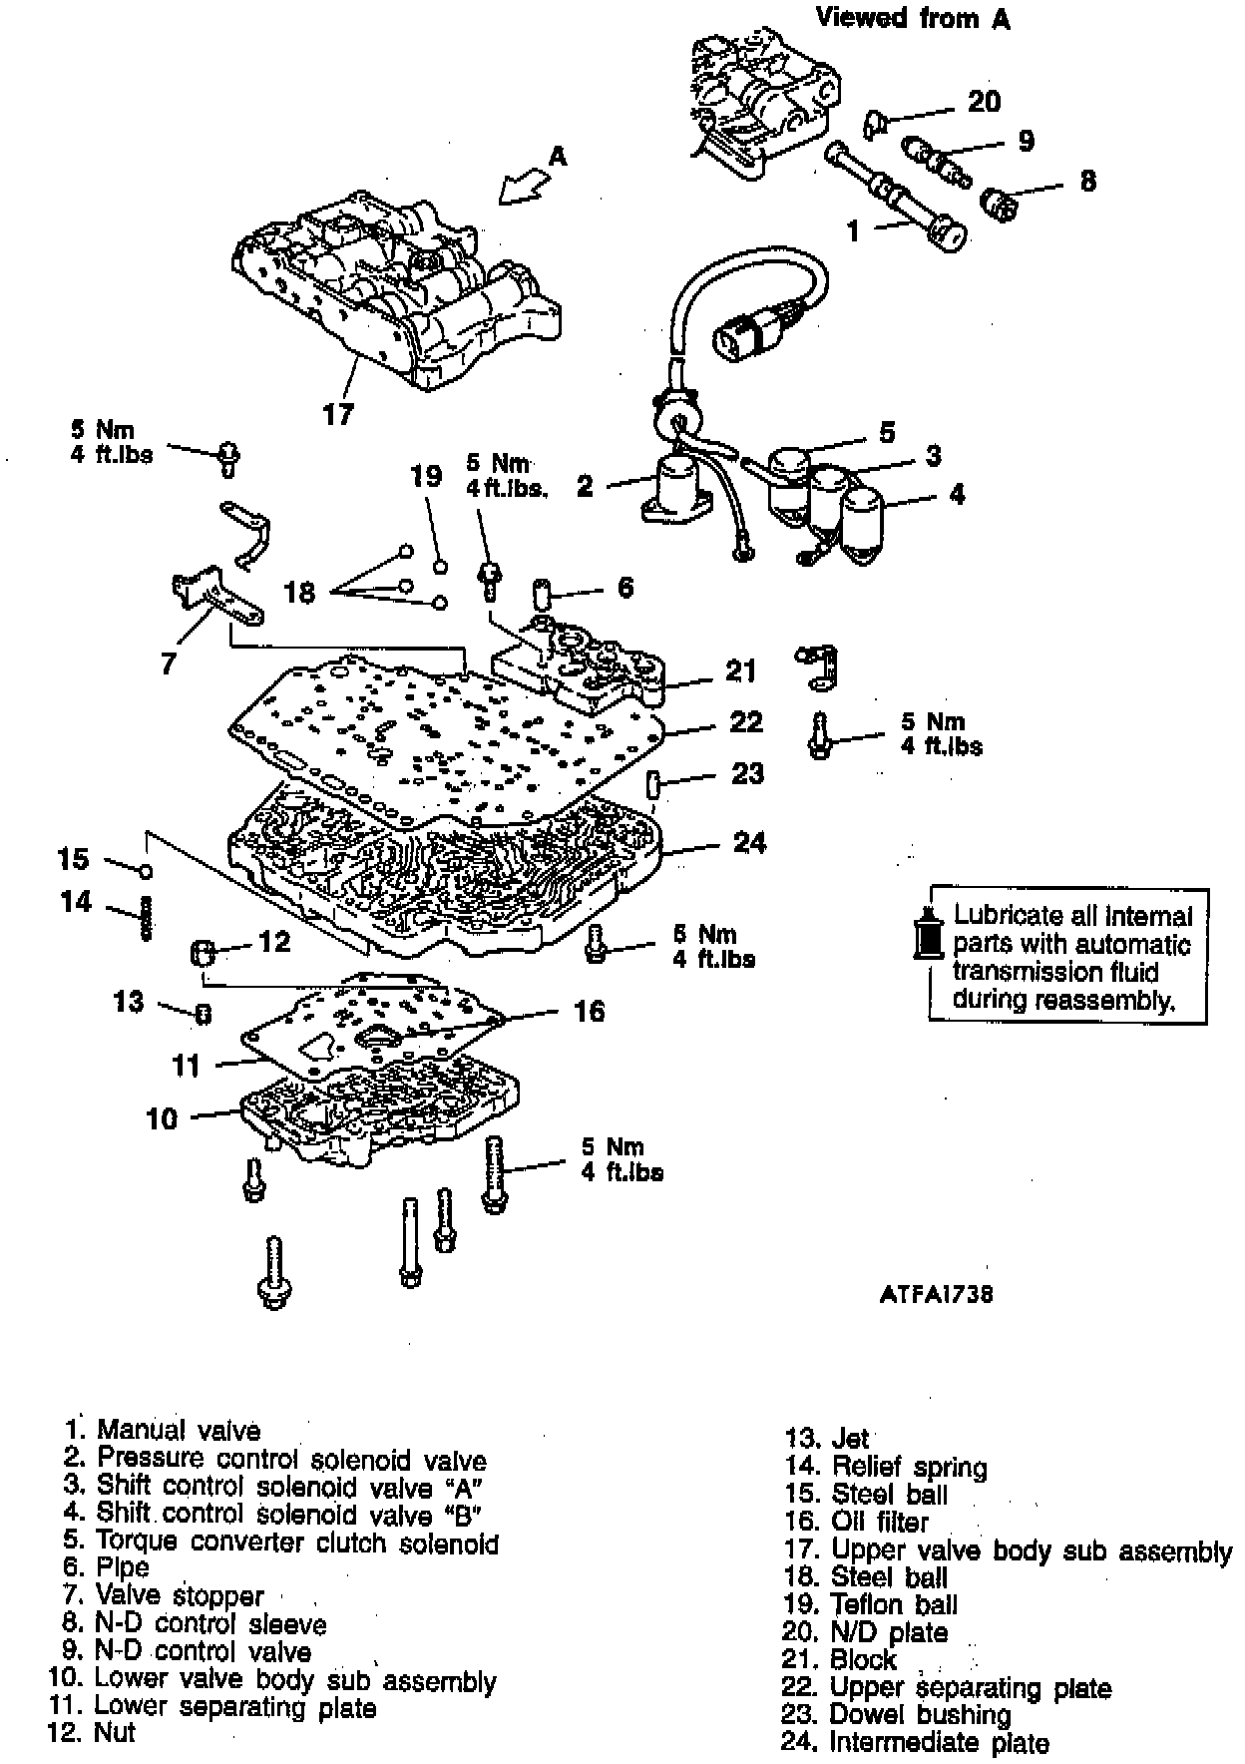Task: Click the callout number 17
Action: point(338,413)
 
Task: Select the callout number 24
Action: point(749,843)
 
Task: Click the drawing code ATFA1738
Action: point(936,1294)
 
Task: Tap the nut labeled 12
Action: point(203,952)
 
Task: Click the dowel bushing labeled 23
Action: point(653,784)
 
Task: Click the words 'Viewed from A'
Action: point(913,18)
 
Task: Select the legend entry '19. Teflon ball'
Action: point(870,1604)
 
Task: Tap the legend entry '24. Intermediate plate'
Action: point(915,1743)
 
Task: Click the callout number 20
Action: point(984,101)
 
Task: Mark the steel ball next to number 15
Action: point(147,872)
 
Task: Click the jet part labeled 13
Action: point(203,1015)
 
